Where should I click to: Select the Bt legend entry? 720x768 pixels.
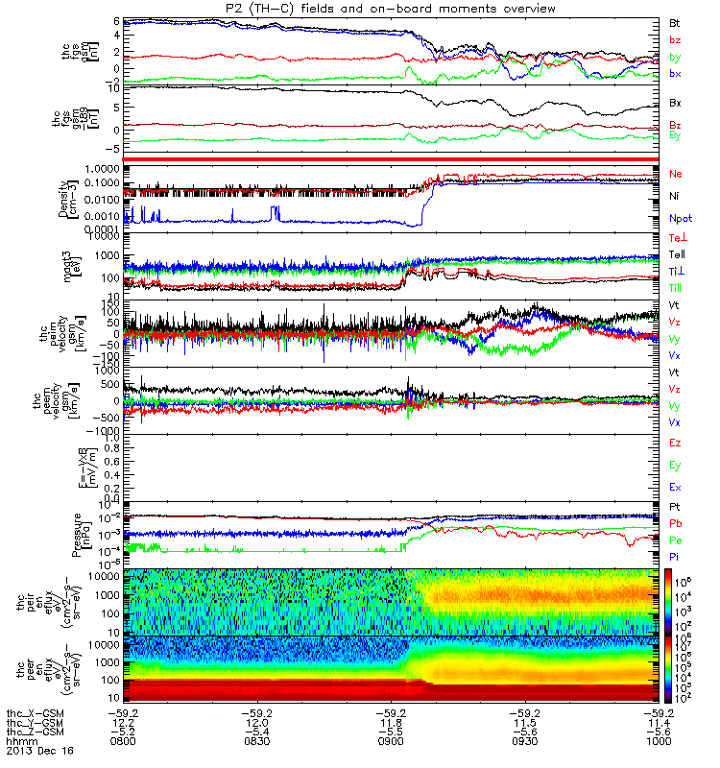(675, 21)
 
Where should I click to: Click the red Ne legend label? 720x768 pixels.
(676, 175)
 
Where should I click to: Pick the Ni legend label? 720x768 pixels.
(675, 197)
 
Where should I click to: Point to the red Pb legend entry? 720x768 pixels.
(676, 523)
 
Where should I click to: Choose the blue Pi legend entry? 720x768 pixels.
(675, 556)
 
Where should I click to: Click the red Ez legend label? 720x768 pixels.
(676, 444)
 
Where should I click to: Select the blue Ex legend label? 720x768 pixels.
(676, 488)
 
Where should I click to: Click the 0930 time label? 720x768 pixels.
(524, 741)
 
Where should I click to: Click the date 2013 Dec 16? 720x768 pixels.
(33, 751)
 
